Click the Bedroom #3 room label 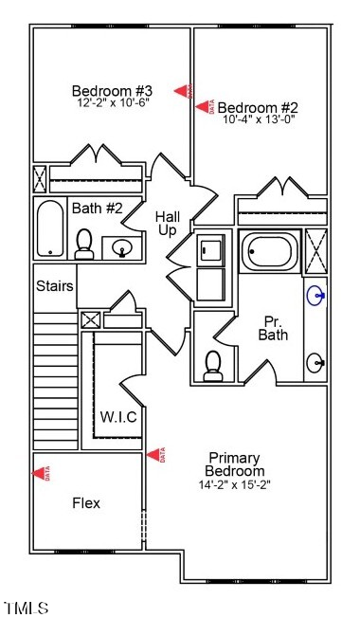click(111, 91)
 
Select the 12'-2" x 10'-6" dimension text click(111, 103)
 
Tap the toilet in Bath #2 click(84, 244)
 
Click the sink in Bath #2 click(121, 248)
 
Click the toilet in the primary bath click(214, 364)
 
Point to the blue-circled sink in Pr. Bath click(315, 297)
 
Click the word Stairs click(55, 286)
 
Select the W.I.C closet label click(117, 417)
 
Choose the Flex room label click(86, 502)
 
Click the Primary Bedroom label click(235, 464)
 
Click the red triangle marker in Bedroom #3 click(183, 91)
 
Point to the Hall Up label click(168, 224)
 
